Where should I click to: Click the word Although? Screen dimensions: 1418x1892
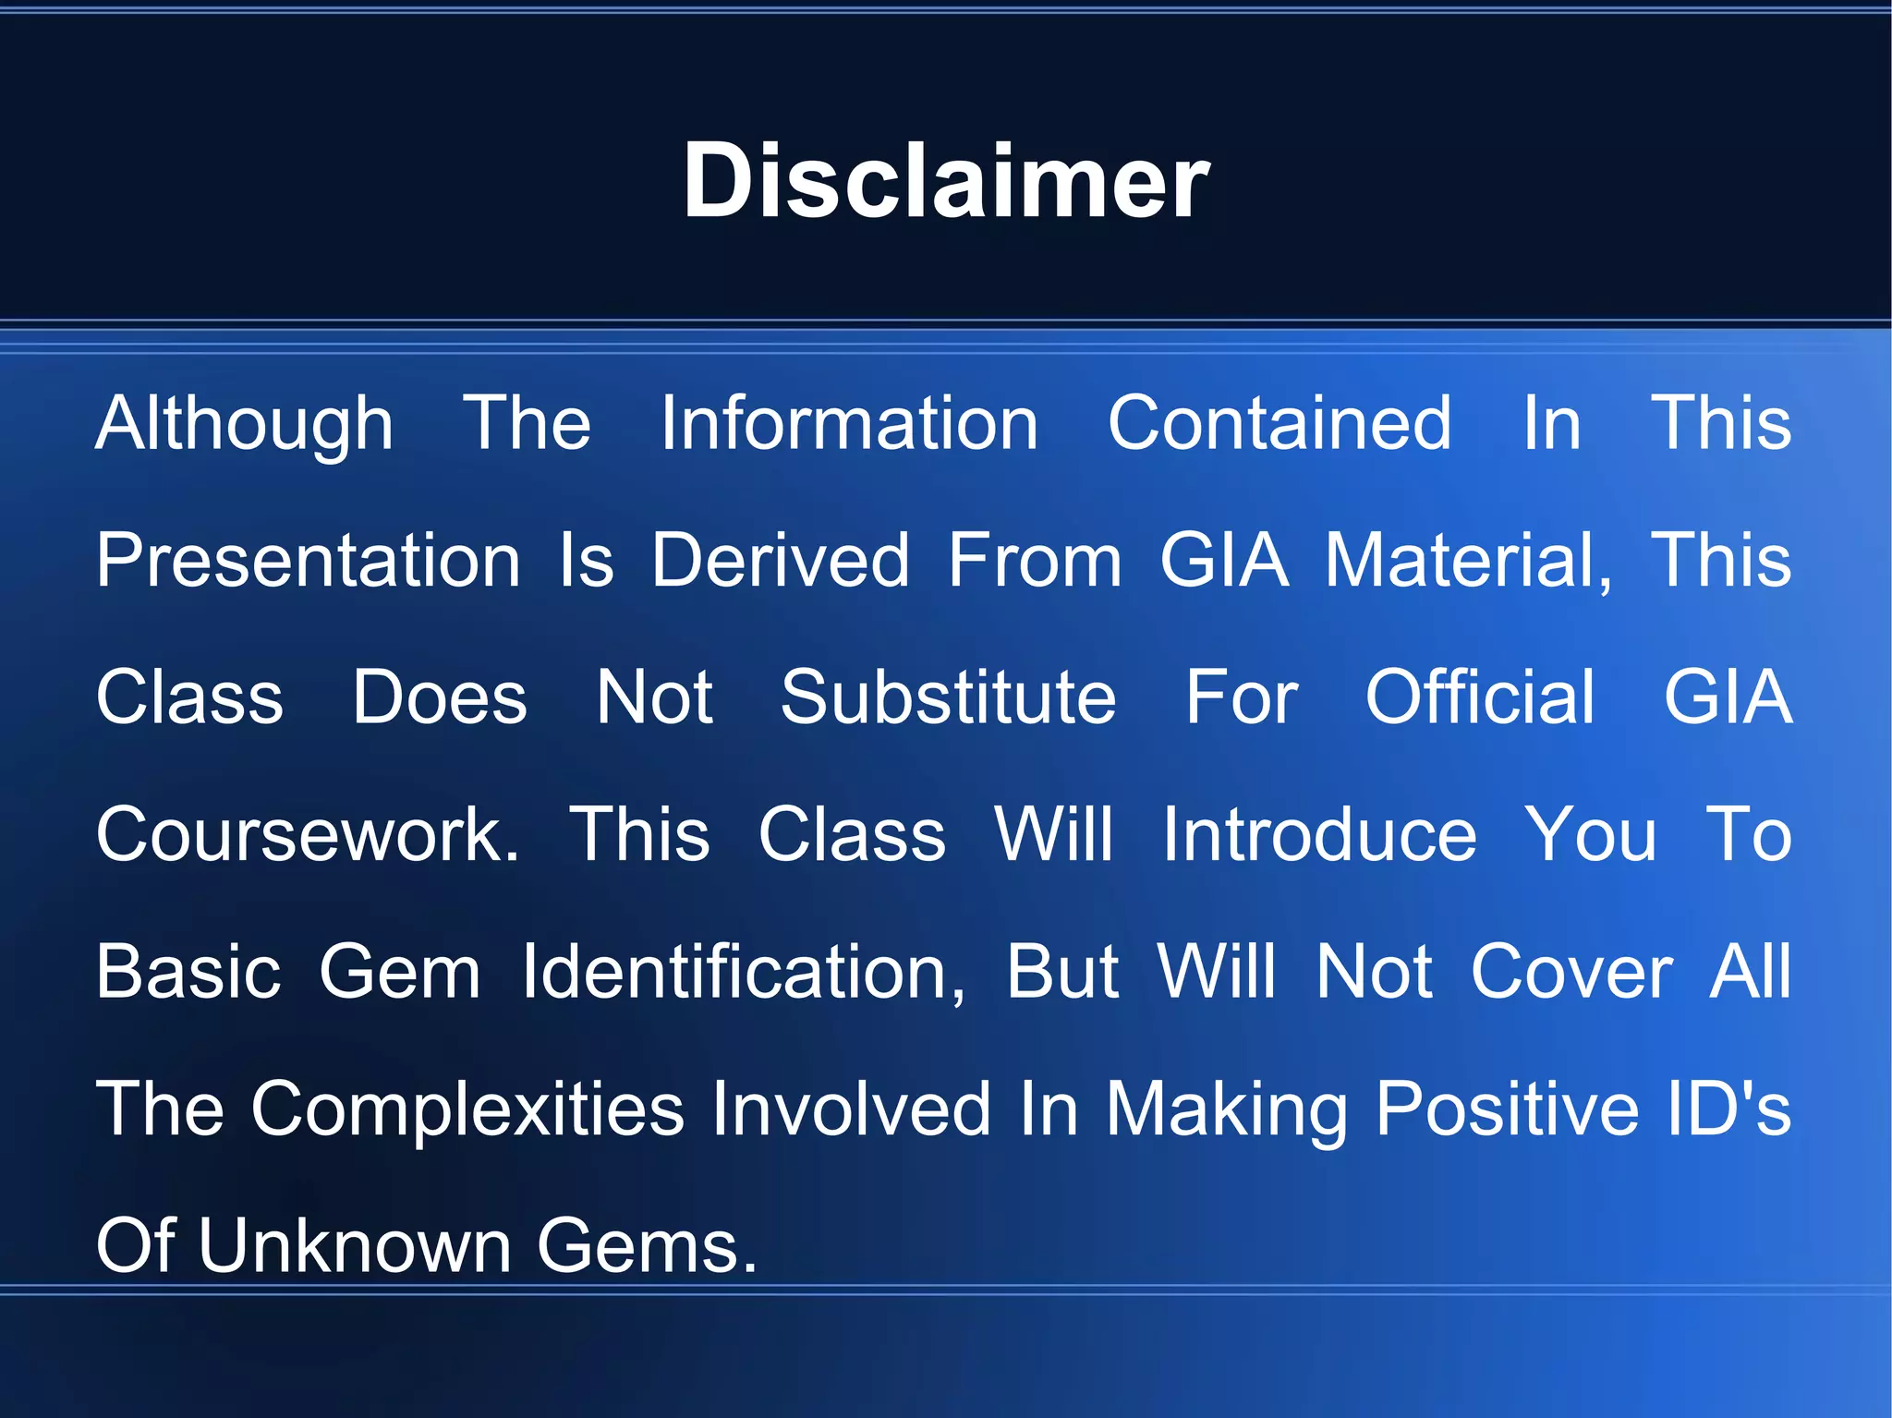245,424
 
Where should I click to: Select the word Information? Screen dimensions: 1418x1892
849,424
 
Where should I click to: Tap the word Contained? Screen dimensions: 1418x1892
1280,424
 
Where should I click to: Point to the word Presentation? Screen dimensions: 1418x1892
309,561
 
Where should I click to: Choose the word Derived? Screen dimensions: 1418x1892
781,561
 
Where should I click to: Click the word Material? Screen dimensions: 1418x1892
1468,561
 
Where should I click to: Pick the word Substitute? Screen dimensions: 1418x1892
949,697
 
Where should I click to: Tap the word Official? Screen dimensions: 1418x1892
1480,697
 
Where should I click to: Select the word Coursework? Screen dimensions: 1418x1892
308,834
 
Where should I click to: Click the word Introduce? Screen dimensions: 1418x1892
1319,834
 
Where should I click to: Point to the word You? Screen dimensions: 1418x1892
1590,834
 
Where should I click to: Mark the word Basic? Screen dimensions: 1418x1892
188,972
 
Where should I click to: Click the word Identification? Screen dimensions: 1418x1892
744,972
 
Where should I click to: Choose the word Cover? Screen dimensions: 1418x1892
1571,972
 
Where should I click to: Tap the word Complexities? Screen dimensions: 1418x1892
467,1109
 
